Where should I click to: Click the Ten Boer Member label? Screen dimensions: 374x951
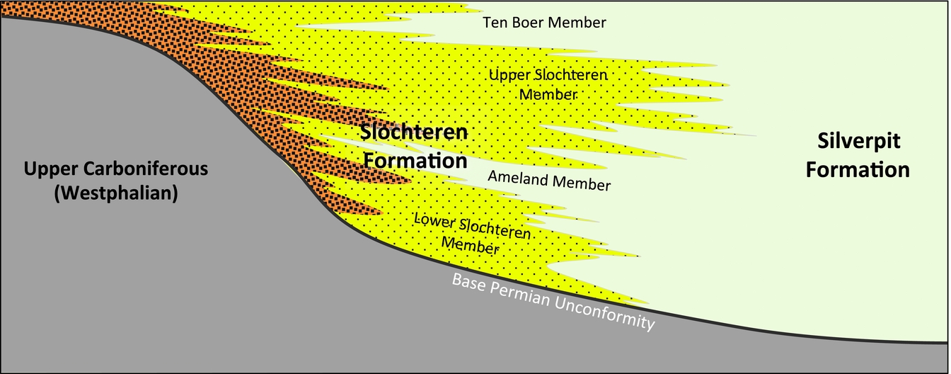[x=544, y=23]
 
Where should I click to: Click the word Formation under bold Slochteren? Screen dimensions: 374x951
[x=414, y=161]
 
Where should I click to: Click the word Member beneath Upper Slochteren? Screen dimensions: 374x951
[x=548, y=93]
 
